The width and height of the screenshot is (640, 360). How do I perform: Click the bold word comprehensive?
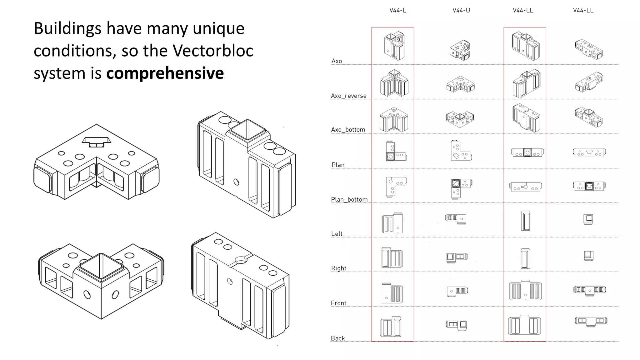pyautogui.click(x=165, y=73)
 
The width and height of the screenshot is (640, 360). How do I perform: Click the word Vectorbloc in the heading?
pyautogui.click(x=213, y=51)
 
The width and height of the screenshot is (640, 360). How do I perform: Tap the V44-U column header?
pyautogui.click(x=461, y=10)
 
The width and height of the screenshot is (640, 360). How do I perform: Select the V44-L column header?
pyautogui.click(x=397, y=10)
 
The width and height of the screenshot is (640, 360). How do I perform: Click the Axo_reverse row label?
pyautogui.click(x=348, y=96)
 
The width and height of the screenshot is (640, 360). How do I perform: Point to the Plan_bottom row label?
pyautogui.click(x=349, y=199)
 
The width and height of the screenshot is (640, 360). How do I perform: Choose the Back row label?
pyautogui.click(x=337, y=338)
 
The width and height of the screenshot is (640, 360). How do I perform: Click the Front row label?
pyautogui.click(x=338, y=303)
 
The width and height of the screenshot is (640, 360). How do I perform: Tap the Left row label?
pyautogui.click(x=337, y=234)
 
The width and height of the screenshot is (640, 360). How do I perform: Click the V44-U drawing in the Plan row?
pyautogui.click(x=461, y=151)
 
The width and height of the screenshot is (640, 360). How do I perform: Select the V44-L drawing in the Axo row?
pyautogui.click(x=394, y=46)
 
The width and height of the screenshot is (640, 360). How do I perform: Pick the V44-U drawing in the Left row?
pyautogui.click(x=456, y=219)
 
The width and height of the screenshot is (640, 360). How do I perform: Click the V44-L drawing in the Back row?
pyautogui.click(x=391, y=327)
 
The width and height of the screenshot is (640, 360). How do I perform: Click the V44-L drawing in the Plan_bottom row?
pyautogui.click(x=396, y=187)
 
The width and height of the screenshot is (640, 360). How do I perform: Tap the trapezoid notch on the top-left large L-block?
pyautogui.click(x=96, y=142)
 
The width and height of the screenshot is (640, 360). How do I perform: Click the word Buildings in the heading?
pyautogui.click(x=67, y=28)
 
